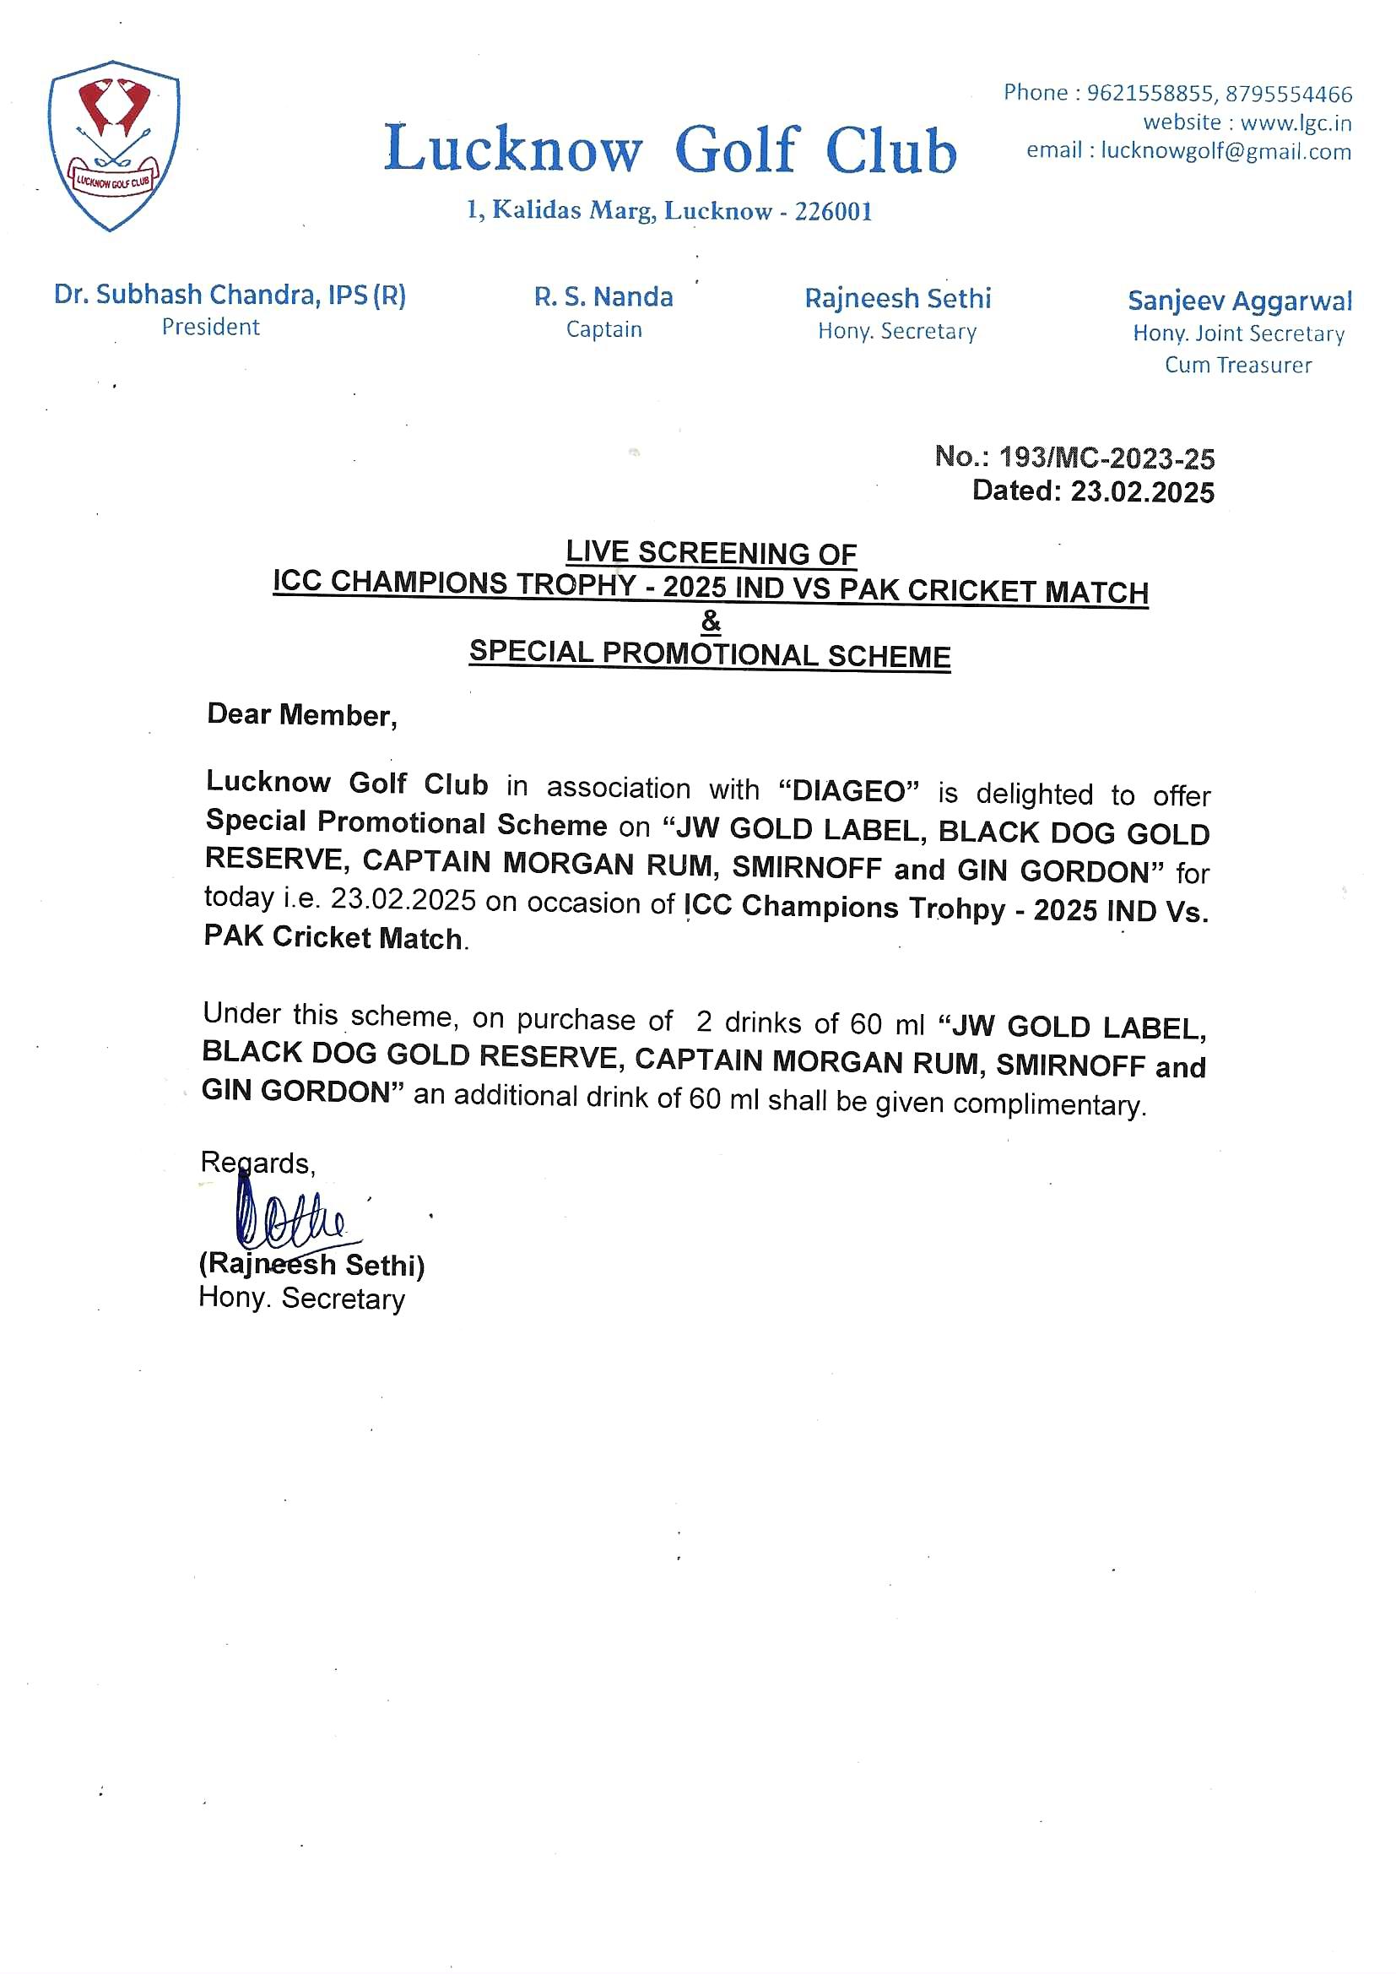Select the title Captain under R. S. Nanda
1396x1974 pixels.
point(603,329)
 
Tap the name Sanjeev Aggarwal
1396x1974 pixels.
point(1240,301)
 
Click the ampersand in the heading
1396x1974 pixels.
point(711,621)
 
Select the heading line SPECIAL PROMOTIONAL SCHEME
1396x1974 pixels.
point(710,654)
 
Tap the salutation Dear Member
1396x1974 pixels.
point(301,714)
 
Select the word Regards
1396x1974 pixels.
point(258,1163)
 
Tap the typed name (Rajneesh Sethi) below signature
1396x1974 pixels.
point(312,1264)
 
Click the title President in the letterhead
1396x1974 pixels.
point(211,327)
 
